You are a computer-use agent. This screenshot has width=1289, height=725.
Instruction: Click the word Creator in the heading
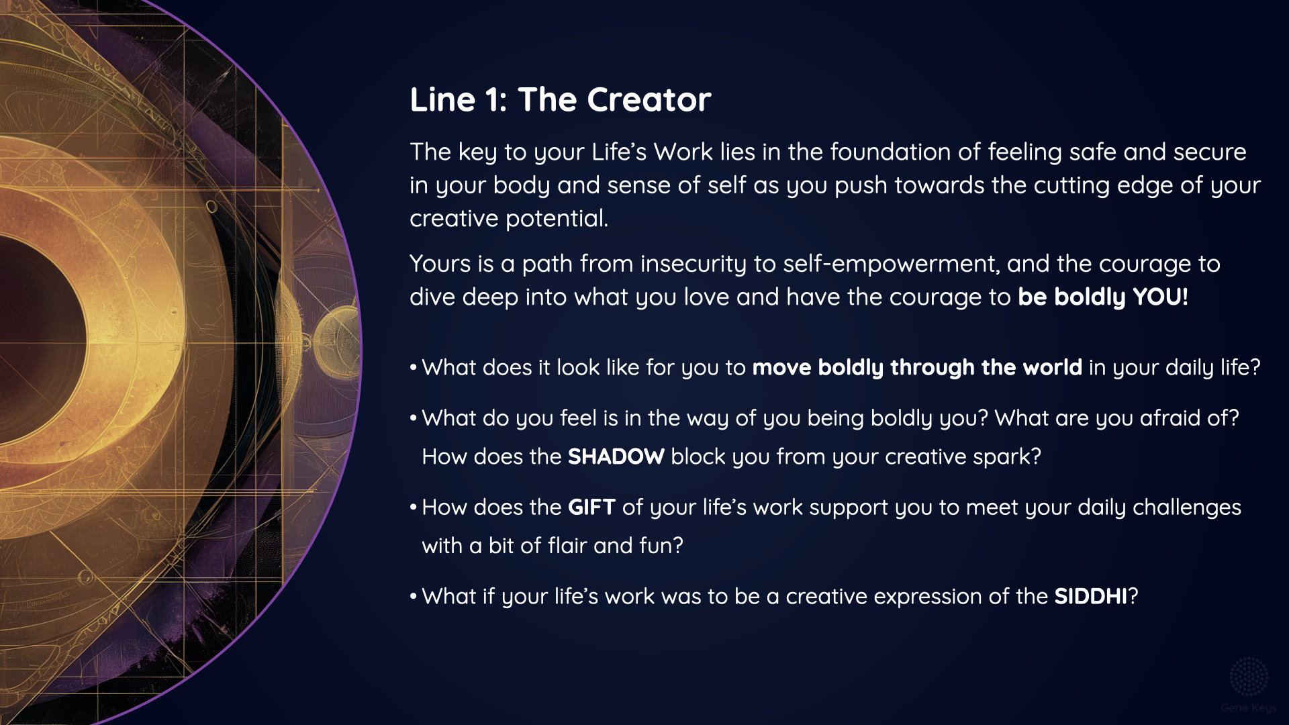[x=649, y=99]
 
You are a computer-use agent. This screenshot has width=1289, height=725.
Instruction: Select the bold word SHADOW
[x=616, y=456]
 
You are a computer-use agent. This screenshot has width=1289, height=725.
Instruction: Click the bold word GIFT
[x=591, y=507]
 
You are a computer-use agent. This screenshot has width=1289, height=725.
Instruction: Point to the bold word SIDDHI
[x=1091, y=596]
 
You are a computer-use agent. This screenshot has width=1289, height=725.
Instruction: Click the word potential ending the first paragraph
[x=557, y=218]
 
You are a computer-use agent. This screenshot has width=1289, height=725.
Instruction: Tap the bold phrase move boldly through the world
[x=917, y=368]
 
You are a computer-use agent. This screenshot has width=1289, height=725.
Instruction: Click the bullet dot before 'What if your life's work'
[x=414, y=596]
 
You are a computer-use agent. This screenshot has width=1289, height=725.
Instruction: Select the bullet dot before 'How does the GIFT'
[x=414, y=507]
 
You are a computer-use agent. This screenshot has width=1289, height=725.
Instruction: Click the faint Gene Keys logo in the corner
[x=1248, y=685]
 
